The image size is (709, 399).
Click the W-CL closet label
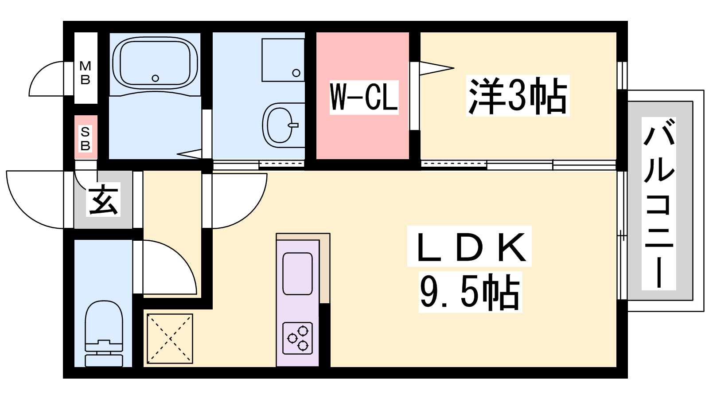(x=364, y=97)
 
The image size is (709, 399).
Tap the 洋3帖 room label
(x=518, y=96)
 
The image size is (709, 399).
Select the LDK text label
(x=469, y=246)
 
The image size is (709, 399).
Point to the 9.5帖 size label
(x=470, y=292)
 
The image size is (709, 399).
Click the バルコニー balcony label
(x=658, y=203)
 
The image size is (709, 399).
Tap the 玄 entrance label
(x=103, y=199)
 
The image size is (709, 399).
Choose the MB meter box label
(x=85, y=73)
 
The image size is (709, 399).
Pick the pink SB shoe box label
(x=85, y=139)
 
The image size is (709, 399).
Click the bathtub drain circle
(x=155, y=78)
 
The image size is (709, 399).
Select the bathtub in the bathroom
(x=155, y=63)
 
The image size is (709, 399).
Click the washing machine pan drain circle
(x=296, y=73)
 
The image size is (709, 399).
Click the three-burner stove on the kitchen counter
(x=297, y=338)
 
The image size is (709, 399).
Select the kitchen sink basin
(x=297, y=274)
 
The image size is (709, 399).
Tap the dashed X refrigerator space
(x=170, y=339)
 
